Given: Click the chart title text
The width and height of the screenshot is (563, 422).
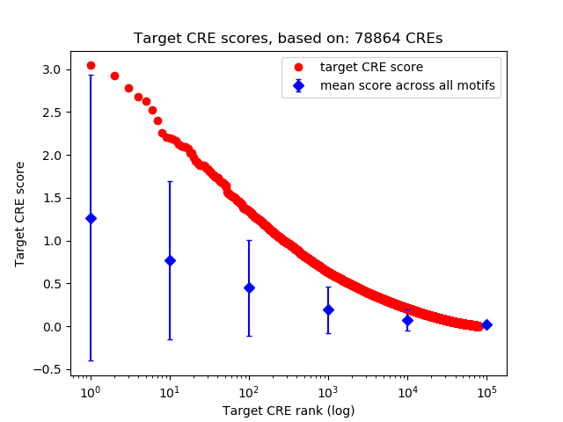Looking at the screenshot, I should click(288, 39).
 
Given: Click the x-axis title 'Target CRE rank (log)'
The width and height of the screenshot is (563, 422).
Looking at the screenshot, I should click(288, 410).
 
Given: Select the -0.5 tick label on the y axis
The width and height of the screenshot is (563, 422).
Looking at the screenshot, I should click(48, 369).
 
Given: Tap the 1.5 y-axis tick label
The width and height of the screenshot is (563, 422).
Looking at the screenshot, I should click(52, 198).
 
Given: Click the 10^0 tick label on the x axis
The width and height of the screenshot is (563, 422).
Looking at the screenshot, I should click(90, 390).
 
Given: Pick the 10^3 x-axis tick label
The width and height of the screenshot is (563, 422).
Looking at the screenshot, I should click(328, 390).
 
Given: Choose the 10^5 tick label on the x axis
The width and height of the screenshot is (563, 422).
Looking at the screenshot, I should click(486, 390).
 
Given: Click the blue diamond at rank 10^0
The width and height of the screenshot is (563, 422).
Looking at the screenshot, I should click(91, 218).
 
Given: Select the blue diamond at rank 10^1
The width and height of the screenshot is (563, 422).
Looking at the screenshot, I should click(170, 260).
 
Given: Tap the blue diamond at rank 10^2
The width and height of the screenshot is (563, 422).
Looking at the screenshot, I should click(249, 287).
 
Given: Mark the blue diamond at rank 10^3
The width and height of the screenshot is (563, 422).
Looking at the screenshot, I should click(328, 309).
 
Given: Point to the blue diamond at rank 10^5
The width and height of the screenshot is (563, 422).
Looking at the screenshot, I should click(486, 324).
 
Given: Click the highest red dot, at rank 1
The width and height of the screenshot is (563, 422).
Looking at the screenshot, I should click(91, 65).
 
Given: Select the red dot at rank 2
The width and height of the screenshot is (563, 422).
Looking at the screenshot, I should click(114, 76).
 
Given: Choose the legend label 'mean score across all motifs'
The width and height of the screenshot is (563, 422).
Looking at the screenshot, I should click(406, 85).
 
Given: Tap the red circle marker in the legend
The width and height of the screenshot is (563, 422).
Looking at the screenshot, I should click(299, 67).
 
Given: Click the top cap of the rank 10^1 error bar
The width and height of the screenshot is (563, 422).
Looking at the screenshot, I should click(170, 182).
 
